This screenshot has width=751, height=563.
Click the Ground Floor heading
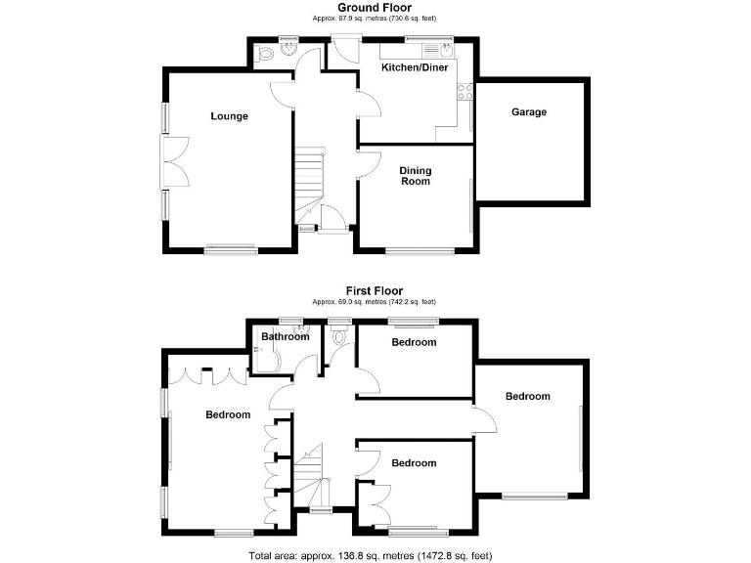point(374,8)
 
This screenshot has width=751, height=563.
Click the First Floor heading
point(374,290)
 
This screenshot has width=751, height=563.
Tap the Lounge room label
point(229,116)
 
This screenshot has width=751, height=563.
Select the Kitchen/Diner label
point(415,67)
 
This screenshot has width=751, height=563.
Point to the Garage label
point(529,112)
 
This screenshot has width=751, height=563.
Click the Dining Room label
point(415,176)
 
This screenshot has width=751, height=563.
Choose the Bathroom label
point(285,337)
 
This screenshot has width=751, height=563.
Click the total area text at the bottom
point(375,554)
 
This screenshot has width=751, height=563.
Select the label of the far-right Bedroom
point(527,397)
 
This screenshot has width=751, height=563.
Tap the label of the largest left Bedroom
point(227,414)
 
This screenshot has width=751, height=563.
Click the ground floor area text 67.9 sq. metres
point(374,19)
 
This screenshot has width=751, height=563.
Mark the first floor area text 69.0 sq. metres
point(374,302)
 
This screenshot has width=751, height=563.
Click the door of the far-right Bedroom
point(484,419)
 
